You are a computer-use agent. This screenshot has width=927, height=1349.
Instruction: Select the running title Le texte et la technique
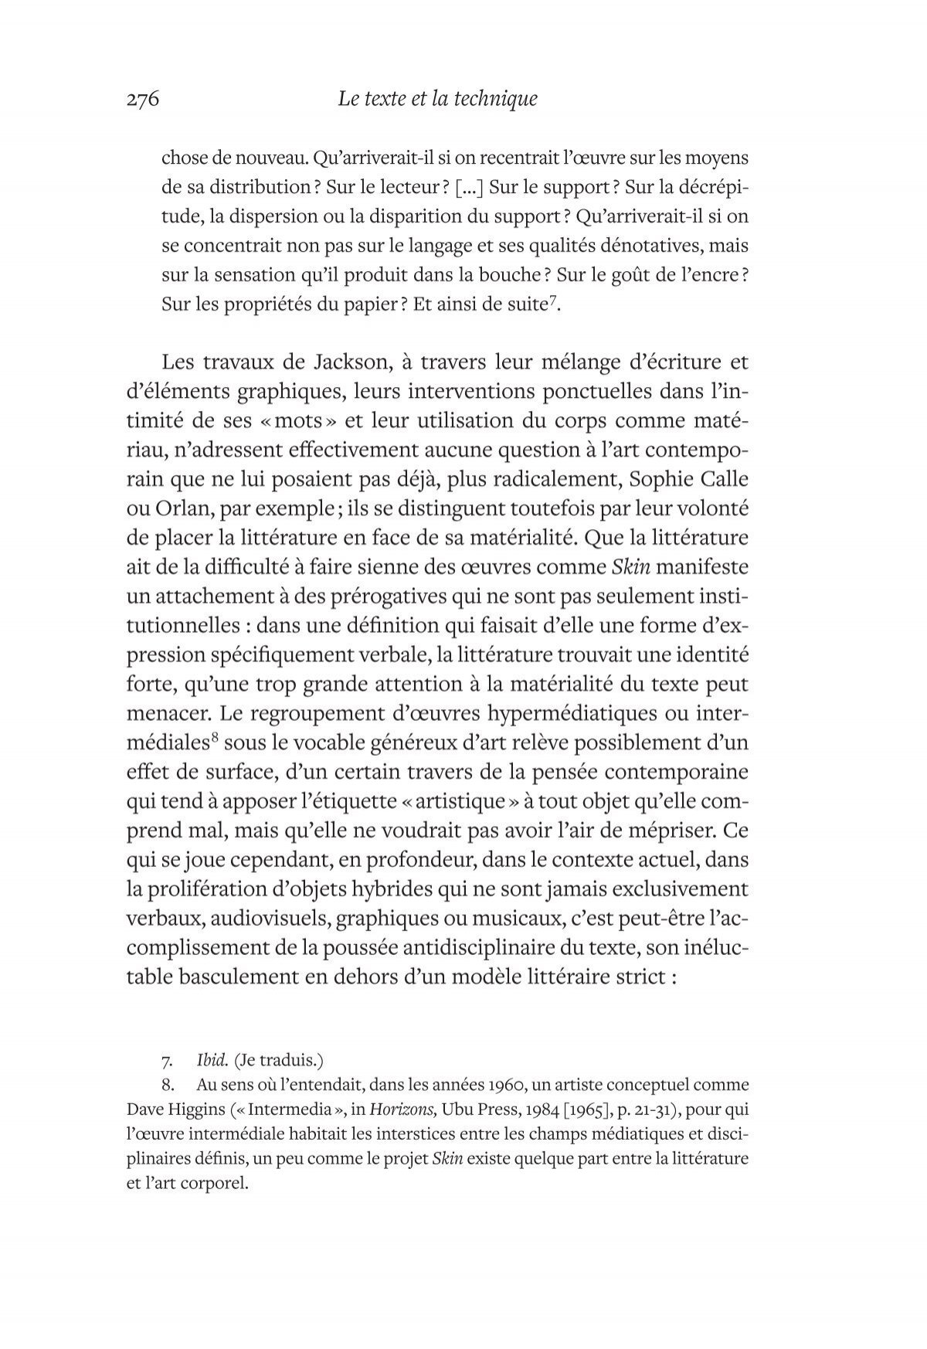[438, 99]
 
